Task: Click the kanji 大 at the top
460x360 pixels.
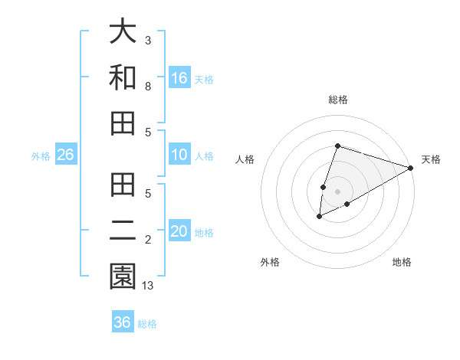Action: coord(123,33)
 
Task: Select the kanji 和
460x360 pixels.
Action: coord(123,78)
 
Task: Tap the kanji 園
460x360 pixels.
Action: coord(123,277)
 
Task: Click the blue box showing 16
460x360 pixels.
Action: coord(179,77)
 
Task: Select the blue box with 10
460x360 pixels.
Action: coord(179,155)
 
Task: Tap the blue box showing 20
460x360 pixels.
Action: coord(179,232)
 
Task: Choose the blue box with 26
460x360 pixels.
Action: coord(65,155)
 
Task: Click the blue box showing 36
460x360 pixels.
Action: coord(123,322)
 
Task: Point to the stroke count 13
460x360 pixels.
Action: coord(149,286)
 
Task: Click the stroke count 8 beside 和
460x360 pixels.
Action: coord(148,87)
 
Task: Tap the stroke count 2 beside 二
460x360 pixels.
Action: coord(148,241)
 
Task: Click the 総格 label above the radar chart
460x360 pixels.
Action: coord(338,100)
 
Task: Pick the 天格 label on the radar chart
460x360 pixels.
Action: coord(431,159)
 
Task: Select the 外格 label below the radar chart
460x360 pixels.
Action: coord(270,262)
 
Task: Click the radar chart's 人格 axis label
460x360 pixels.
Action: coord(245,159)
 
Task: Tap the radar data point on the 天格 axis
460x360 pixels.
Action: coord(410,168)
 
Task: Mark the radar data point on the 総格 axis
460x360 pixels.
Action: coord(338,146)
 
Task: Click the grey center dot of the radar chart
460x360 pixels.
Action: coord(338,191)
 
